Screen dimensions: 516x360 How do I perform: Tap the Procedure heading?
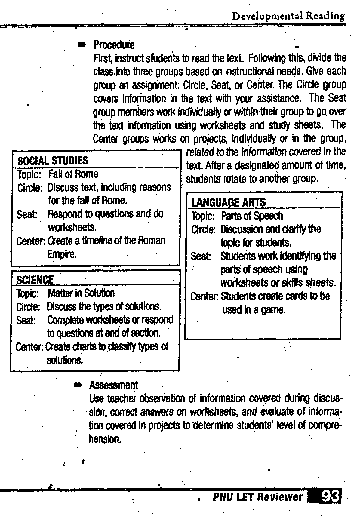(x=114, y=45)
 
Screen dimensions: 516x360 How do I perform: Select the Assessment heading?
(x=113, y=385)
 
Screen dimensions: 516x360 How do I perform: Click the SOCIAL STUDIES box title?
(x=53, y=161)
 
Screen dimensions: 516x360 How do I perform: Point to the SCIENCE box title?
(x=35, y=280)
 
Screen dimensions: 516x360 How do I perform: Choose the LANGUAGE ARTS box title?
(x=228, y=202)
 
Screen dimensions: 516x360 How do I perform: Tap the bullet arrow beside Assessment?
(x=78, y=385)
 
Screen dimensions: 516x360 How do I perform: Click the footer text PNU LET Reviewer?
(x=258, y=497)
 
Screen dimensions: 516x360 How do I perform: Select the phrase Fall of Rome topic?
(x=73, y=174)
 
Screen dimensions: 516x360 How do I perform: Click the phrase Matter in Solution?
(x=81, y=293)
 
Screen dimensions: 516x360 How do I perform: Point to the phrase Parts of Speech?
(x=252, y=216)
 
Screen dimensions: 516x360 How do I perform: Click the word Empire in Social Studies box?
(x=62, y=254)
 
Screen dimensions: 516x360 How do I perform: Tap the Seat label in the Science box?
(x=26, y=320)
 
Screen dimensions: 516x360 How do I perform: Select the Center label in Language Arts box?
(x=204, y=296)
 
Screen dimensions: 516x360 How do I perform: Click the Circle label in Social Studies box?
(x=30, y=188)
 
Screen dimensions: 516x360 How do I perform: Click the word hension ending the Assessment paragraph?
(x=105, y=439)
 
